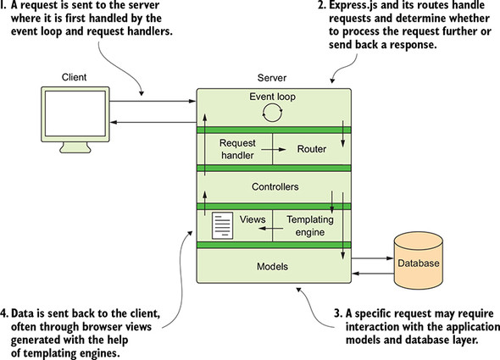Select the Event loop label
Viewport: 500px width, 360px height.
click(271, 96)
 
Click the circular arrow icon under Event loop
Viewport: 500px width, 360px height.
click(271, 113)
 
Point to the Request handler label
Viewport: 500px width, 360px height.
click(238, 149)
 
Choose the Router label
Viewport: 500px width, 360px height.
click(311, 149)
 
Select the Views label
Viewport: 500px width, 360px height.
click(248, 219)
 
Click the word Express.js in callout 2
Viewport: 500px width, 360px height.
click(343, 8)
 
